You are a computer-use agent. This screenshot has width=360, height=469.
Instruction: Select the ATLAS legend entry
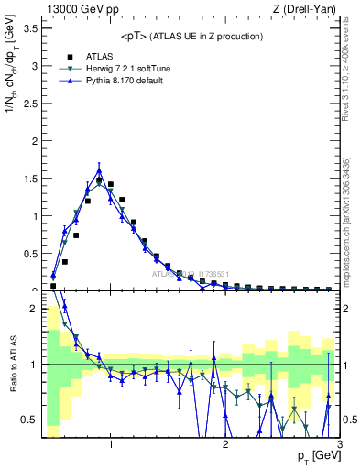tap(98, 57)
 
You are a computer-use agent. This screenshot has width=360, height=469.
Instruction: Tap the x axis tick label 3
tap(339, 445)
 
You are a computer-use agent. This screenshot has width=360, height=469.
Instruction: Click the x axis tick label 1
tap(111, 445)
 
